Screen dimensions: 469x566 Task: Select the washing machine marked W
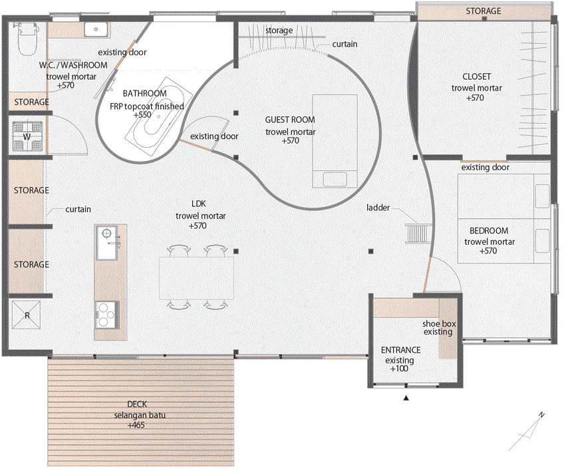[x=27, y=137]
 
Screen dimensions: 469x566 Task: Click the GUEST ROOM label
[x=290, y=120]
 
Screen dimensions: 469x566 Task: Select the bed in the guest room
[x=335, y=141]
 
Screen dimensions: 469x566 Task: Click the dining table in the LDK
[x=197, y=277]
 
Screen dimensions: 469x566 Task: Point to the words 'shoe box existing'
[x=439, y=327]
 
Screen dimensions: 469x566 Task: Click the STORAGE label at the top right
[x=484, y=11]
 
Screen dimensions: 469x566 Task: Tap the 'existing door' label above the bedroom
[x=486, y=168]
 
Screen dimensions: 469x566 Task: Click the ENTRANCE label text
[x=400, y=350]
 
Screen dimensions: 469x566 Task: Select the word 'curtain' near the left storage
[x=78, y=209]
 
